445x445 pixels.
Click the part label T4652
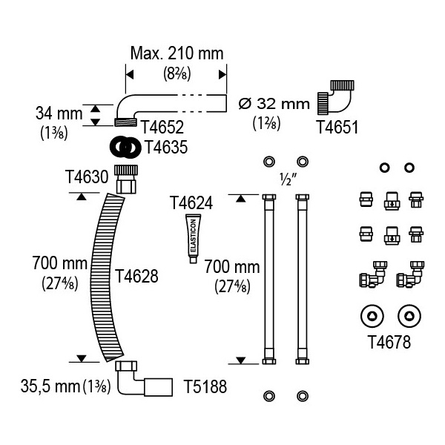(162, 127)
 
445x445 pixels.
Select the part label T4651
(337, 127)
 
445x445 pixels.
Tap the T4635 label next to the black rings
(166, 147)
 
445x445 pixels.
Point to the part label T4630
(87, 177)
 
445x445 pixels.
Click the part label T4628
(136, 276)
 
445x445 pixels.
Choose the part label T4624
(191, 203)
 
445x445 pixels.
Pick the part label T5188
(205, 386)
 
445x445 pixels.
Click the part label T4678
(389, 342)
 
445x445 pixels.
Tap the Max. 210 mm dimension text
(177, 53)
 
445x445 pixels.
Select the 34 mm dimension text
(59, 113)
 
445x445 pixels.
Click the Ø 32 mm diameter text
(274, 104)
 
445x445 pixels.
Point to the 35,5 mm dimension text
(50, 386)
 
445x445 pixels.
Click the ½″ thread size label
(288, 179)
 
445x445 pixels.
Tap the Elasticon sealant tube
(194, 239)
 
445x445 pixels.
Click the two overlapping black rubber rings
(125, 147)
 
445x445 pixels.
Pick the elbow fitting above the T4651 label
(336, 97)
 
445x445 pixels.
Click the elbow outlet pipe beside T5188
(144, 378)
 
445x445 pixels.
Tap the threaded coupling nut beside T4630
(126, 179)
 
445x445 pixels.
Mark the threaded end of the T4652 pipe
(125, 122)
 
